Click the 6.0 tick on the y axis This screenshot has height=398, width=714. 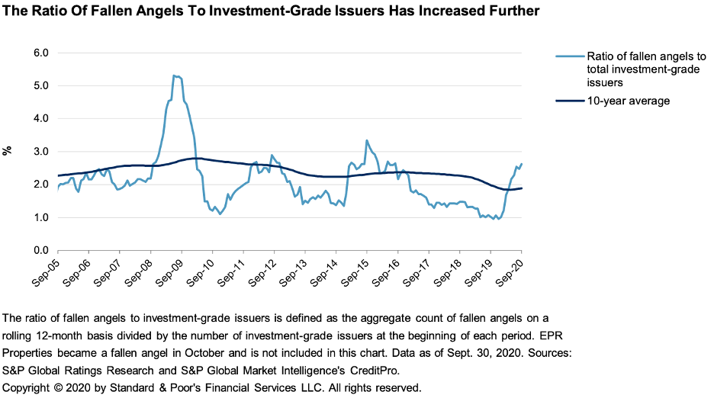tap(40, 53)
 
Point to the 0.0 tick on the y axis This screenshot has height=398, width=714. tap(40, 250)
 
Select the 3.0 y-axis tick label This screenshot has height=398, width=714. tap(40, 152)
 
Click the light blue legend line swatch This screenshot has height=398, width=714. tap(569, 56)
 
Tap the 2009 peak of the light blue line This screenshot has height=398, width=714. tap(175, 75)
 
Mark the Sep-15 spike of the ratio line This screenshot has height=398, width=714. tap(367, 141)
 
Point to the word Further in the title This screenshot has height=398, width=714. tap(511, 12)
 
